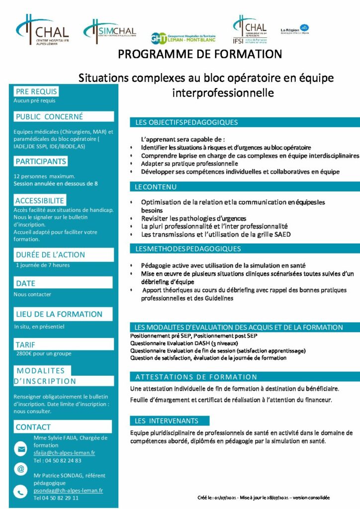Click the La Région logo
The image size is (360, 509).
point(294,29)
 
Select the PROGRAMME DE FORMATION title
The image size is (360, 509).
point(200,54)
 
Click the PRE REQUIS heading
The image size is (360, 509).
point(36,91)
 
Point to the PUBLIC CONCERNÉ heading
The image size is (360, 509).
point(49,117)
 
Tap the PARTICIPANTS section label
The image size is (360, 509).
point(41,162)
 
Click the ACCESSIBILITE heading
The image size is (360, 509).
point(40,201)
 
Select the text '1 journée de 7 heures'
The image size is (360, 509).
point(43,265)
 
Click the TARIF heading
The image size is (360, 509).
point(25,344)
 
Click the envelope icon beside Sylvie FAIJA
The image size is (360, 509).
point(21,449)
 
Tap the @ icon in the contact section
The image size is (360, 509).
point(21,469)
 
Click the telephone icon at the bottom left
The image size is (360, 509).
point(21,492)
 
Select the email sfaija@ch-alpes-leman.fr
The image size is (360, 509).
point(64,453)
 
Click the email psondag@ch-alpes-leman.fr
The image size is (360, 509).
point(68,490)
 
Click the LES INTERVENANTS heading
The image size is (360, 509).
point(166,421)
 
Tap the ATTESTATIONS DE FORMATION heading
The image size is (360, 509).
point(196,377)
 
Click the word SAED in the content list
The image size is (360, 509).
point(281,234)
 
